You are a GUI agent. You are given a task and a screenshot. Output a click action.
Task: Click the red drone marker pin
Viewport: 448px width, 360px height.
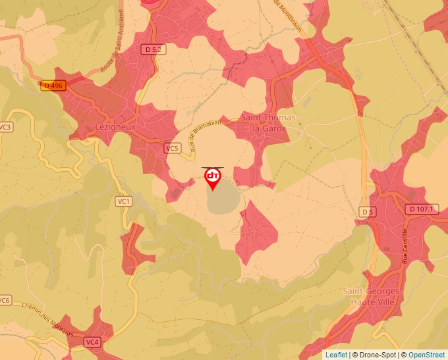[213, 178]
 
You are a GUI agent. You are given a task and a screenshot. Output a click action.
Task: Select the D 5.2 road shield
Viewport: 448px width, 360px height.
[152, 49]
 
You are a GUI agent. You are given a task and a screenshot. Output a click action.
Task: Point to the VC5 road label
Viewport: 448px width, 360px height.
[172, 148]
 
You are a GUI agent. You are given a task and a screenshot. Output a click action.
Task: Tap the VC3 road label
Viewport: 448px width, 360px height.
[6, 127]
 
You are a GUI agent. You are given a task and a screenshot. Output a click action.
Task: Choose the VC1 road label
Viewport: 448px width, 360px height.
[123, 201]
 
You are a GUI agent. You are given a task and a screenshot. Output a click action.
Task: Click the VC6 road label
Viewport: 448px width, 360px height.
[5, 300]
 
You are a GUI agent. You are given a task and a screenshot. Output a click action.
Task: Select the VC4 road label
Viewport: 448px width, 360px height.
[92, 342]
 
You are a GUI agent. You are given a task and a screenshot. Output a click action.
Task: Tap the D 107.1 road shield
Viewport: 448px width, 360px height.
[421, 209]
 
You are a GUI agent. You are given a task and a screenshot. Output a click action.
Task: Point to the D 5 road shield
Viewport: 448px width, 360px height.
[367, 212]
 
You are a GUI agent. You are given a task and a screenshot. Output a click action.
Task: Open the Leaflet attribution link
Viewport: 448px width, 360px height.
[336, 355]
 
